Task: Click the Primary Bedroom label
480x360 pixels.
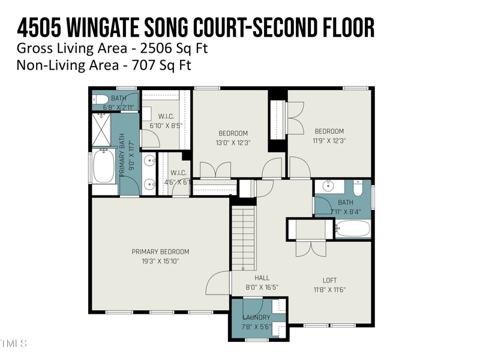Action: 160,251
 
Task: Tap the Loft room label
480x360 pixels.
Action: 329,280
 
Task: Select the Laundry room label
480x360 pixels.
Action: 256,317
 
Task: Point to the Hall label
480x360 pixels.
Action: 262,278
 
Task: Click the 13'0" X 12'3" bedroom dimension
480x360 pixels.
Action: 233,143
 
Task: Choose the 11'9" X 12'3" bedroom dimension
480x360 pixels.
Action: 329,140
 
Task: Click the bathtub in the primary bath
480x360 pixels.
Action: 104,166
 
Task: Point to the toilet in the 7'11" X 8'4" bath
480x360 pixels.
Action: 358,189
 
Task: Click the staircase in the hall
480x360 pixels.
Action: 244,237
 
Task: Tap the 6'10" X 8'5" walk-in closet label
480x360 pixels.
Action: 166,125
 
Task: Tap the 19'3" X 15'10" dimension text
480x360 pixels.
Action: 160,261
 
